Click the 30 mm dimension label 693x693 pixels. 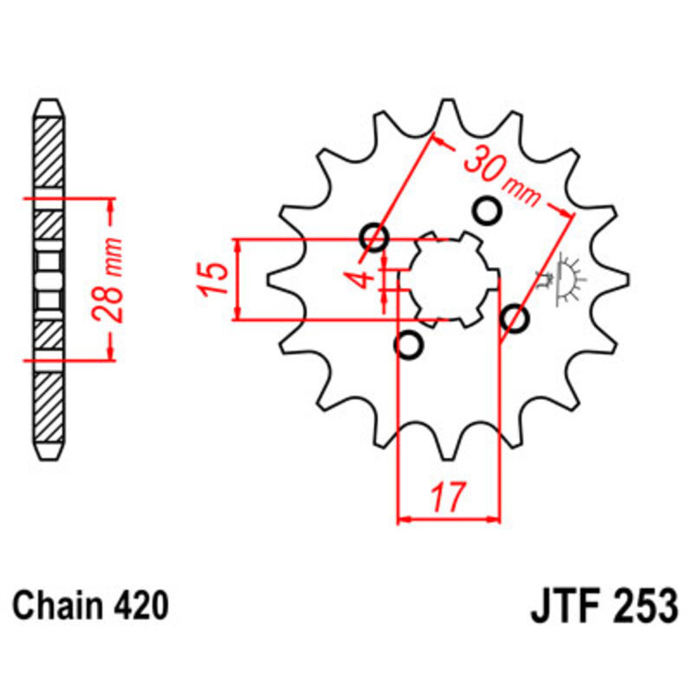501,177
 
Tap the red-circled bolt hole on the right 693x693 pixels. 515,319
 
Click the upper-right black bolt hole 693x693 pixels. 486,209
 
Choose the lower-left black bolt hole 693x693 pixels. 408,345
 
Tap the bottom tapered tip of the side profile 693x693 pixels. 49,454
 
